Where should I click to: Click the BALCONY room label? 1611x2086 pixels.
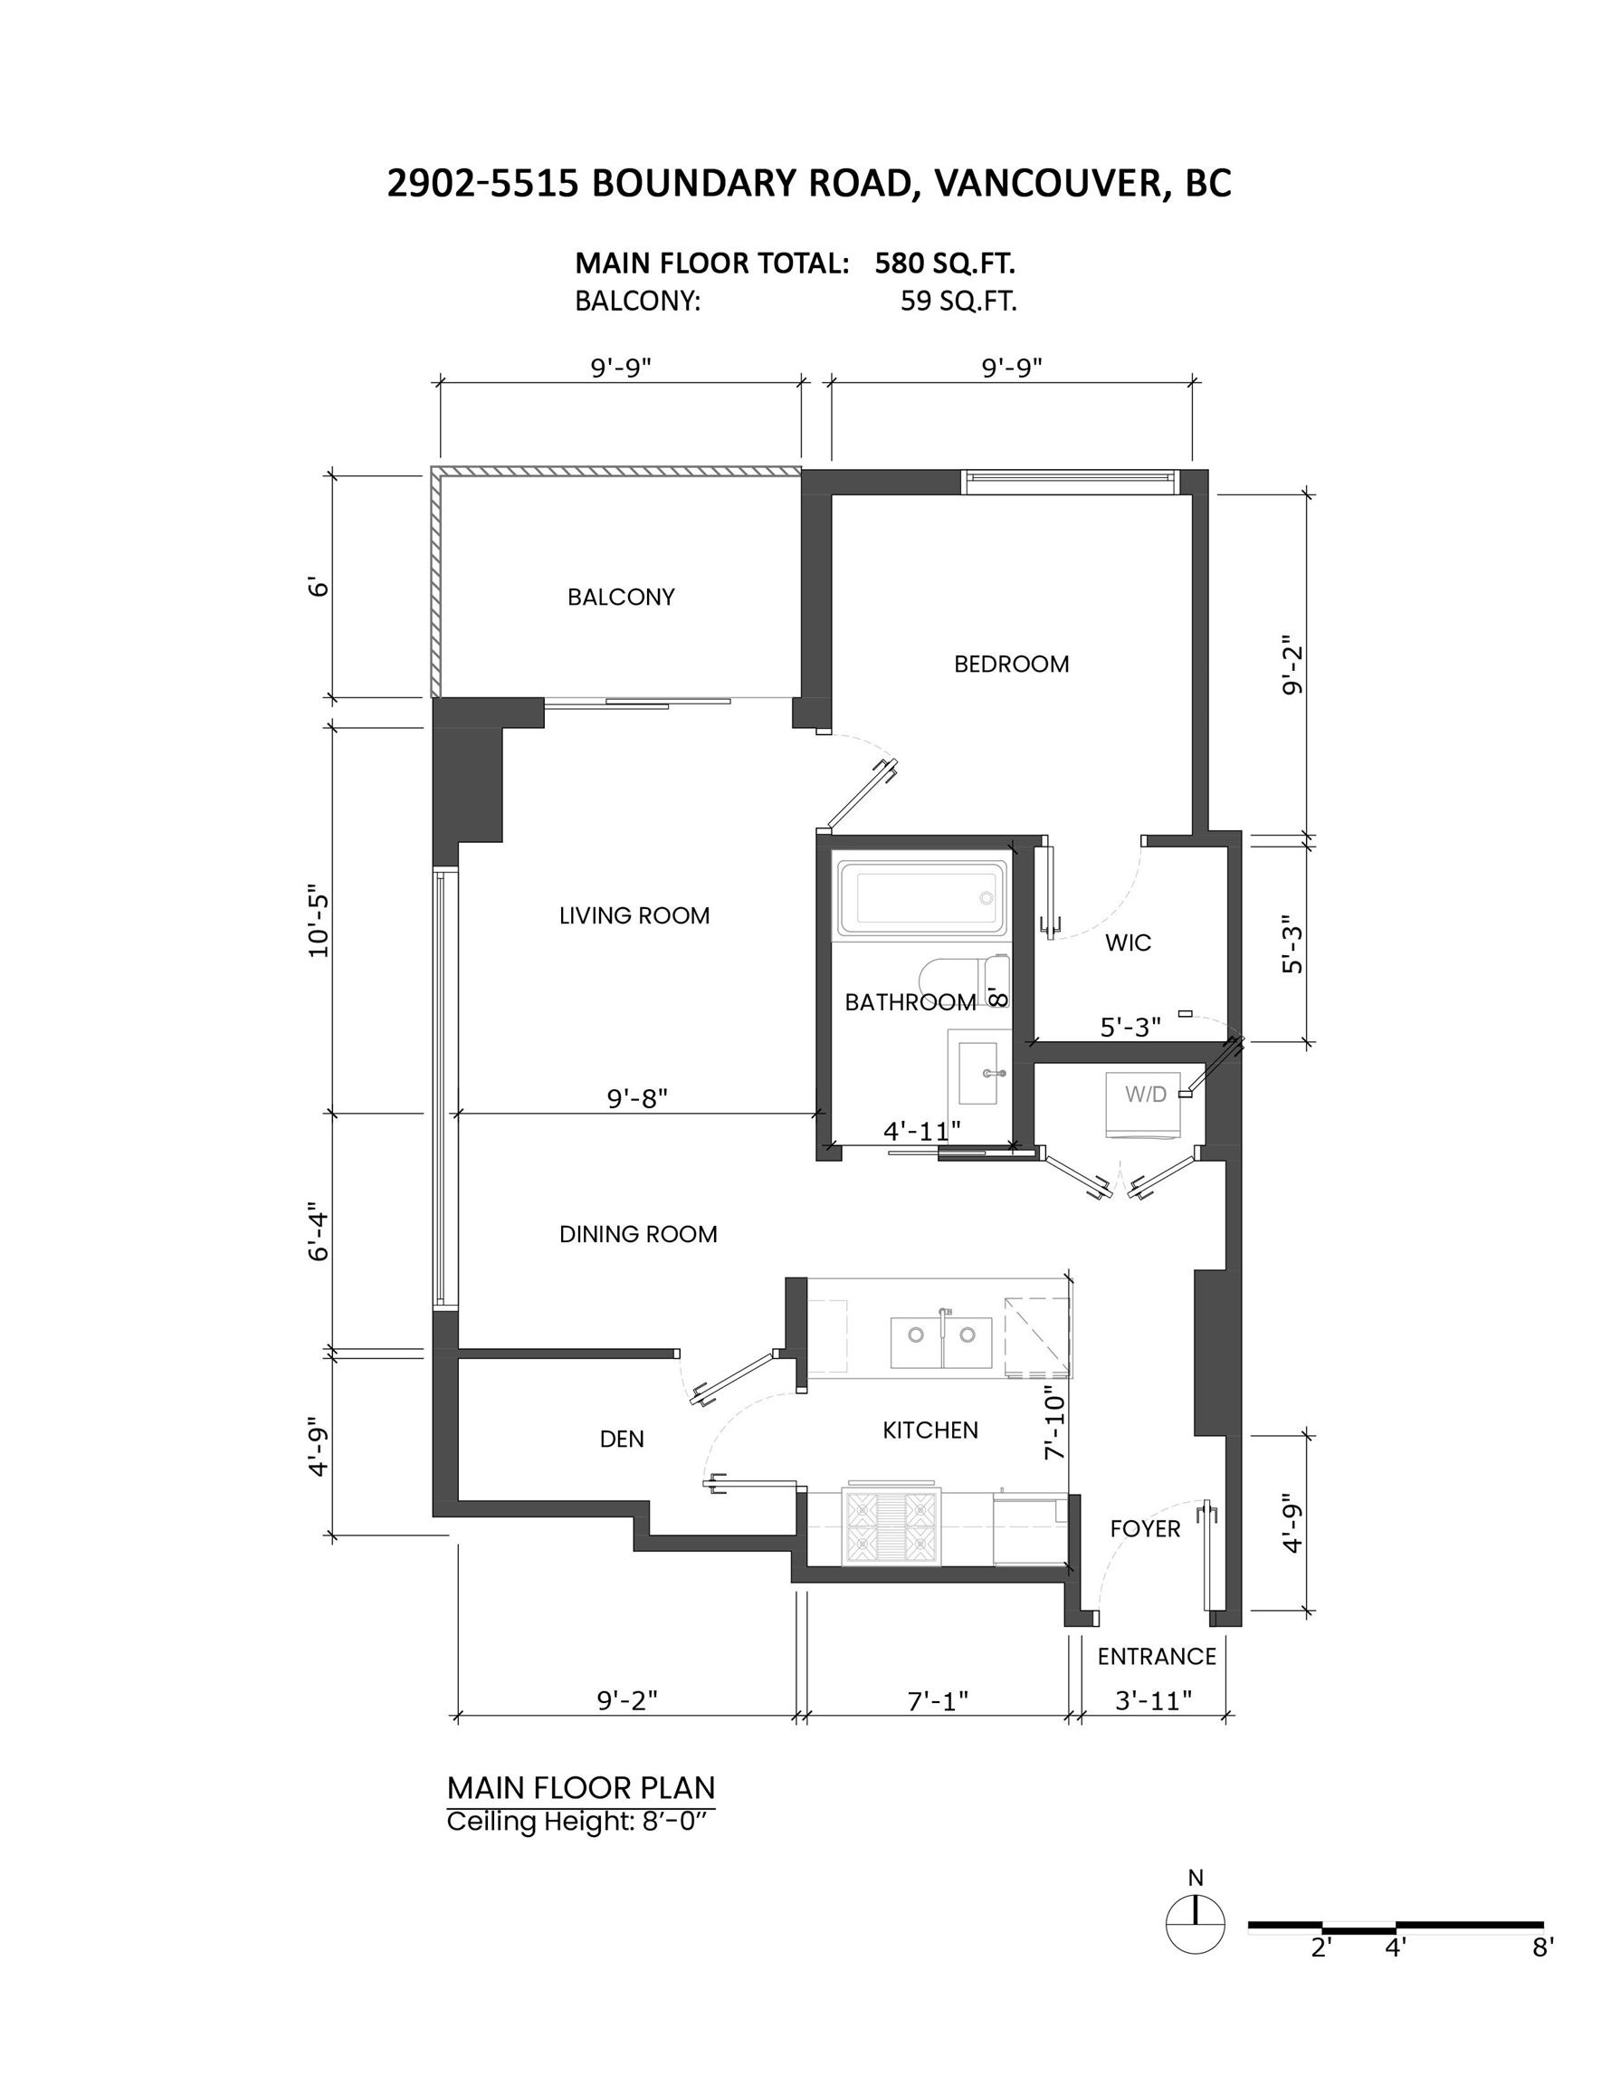coord(621,597)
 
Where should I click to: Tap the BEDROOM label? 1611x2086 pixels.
coord(1011,664)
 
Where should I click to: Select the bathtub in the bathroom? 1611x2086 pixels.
coord(921,898)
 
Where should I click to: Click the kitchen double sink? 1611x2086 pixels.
coord(940,1342)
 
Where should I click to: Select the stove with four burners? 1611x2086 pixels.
coord(891,1526)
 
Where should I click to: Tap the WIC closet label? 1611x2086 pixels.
coord(1128,943)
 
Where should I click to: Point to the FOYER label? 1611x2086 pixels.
coord(1145,1529)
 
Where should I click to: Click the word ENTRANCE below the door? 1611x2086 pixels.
coord(1157,1656)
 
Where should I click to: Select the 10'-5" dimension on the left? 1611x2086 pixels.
coord(318,924)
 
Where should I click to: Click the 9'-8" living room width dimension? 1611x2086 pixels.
coord(637,1098)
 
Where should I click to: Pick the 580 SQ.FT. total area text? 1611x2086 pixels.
coord(945,263)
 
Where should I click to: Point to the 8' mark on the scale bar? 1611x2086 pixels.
coord(1543,1948)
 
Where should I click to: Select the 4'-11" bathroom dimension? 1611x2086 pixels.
coord(921,1131)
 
